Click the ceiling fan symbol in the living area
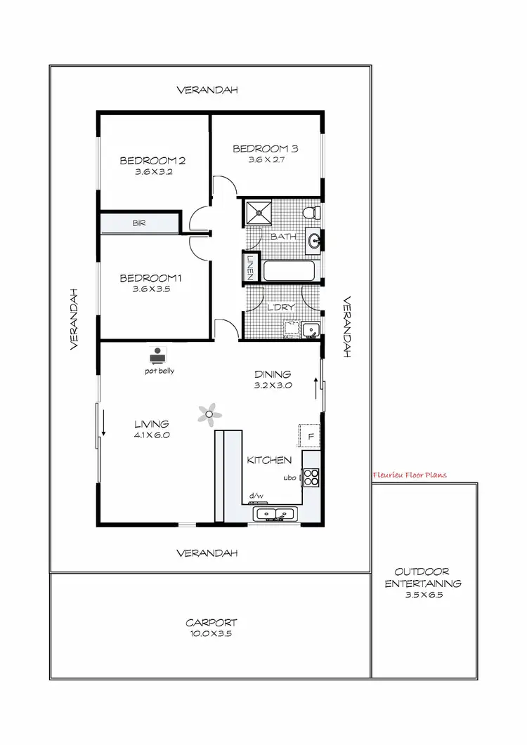(x=208, y=414)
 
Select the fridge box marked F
(x=310, y=435)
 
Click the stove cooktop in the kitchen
(x=311, y=477)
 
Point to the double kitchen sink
(x=275, y=514)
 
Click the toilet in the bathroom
(x=311, y=212)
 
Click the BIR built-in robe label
(x=139, y=223)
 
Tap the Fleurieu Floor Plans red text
(x=410, y=475)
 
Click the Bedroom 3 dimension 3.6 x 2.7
(x=266, y=160)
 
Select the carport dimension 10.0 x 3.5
(x=211, y=633)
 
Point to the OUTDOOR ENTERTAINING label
(x=422, y=577)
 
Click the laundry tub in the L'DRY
(x=311, y=329)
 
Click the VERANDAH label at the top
(x=207, y=90)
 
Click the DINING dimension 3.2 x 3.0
(x=273, y=385)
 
